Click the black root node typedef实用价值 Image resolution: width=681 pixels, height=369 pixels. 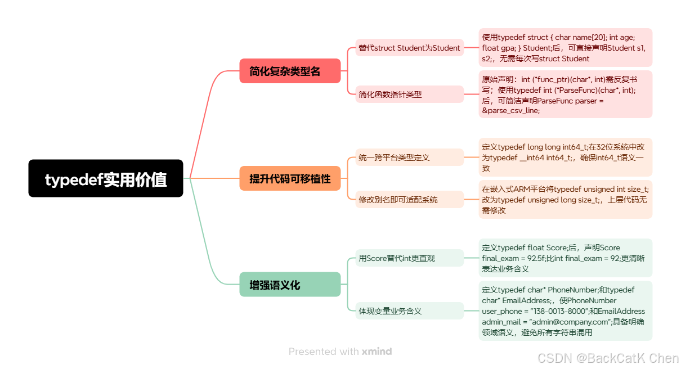click(x=106, y=178)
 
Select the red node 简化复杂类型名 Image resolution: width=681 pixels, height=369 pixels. click(x=290, y=71)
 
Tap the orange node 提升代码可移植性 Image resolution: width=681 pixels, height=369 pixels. click(x=290, y=178)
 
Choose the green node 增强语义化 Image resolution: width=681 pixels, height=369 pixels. click(x=290, y=285)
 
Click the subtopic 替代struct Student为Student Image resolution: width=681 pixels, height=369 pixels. click(x=409, y=48)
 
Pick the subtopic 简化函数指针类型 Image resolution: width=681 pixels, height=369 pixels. click(x=409, y=94)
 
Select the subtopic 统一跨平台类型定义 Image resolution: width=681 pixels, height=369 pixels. click(x=409, y=157)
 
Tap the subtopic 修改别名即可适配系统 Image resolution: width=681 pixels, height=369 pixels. click(x=409, y=200)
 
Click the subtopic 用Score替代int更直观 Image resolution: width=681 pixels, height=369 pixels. click(x=409, y=258)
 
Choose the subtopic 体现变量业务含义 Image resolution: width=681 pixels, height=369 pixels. click(x=409, y=310)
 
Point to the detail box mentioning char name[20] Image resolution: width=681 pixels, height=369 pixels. click(x=565, y=48)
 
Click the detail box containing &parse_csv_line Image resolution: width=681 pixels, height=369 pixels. click(x=565, y=94)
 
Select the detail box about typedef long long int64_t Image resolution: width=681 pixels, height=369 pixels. click(x=565, y=157)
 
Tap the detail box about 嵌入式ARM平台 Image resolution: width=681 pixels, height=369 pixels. click(x=565, y=200)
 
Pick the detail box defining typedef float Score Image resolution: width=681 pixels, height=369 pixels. click(x=565, y=258)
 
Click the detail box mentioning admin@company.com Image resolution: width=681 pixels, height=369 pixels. click(x=565, y=310)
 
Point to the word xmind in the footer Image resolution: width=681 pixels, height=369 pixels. click(x=377, y=352)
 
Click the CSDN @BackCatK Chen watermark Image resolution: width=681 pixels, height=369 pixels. click(x=608, y=358)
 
